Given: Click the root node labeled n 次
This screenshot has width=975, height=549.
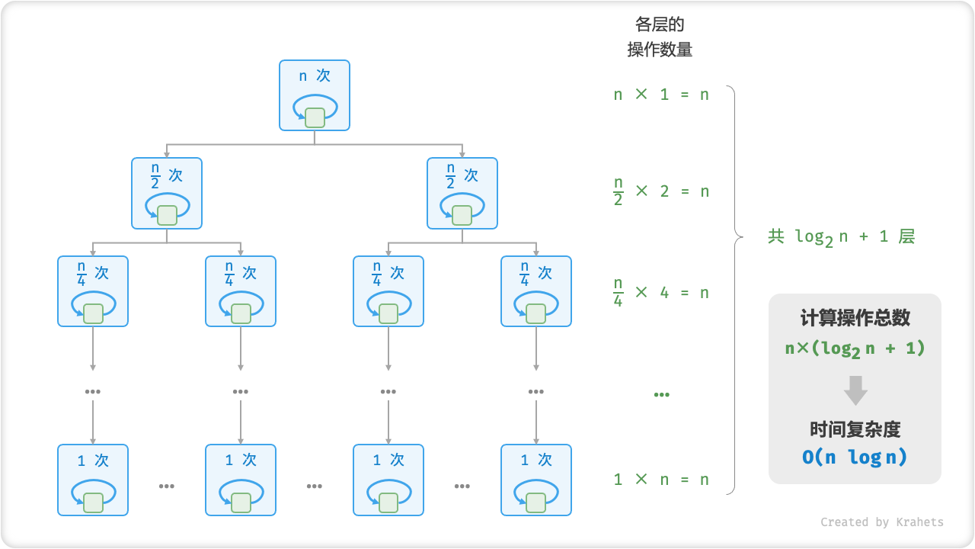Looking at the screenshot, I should pyautogui.click(x=315, y=95).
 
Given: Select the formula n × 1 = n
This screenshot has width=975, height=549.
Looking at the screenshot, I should pyautogui.click(x=661, y=95).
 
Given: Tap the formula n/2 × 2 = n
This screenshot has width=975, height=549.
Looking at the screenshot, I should pyautogui.click(x=661, y=191).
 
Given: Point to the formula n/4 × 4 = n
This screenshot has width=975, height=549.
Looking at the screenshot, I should pyautogui.click(x=661, y=292).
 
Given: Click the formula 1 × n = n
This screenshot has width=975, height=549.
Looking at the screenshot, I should pyautogui.click(x=661, y=480).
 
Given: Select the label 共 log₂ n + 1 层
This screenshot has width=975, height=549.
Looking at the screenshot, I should pyautogui.click(x=841, y=236).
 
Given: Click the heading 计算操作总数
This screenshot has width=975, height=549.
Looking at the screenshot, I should pyautogui.click(x=855, y=318).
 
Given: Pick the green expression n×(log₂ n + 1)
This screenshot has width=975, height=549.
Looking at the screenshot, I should pyautogui.click(x=855, y=348).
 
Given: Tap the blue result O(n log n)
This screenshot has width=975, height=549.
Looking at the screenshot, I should pyautogui.click(x=855, y=457).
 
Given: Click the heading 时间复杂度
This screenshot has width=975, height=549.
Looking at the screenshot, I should pyautogui.click(x=855, y=429).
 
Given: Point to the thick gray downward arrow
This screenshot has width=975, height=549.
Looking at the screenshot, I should pyautogui.click(x=855, y=390).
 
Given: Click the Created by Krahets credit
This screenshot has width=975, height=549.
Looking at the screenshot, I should pyautogui.click(x=881, y=522).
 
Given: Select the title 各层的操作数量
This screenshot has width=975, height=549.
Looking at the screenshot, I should pyautogui.click(x=660, y=37).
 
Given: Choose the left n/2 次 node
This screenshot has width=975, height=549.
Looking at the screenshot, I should pyautogui.click(x=167, y=193).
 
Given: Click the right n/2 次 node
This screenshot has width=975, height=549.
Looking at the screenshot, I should pyautogui.click(x=462, y=193).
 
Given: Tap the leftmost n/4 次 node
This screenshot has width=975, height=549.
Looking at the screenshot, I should pyautogui.click(x=93, y=291).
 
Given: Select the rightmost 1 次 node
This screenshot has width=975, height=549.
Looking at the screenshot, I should pyautogui.click(x=536, y=480).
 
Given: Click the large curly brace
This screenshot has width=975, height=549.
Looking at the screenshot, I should pyautogui.click(x=734, y=290).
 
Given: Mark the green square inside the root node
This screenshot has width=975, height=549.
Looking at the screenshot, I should pyautogui.click(x=315, y=117).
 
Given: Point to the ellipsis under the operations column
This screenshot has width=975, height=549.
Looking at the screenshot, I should pyautogui.click(x=661, y=394).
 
